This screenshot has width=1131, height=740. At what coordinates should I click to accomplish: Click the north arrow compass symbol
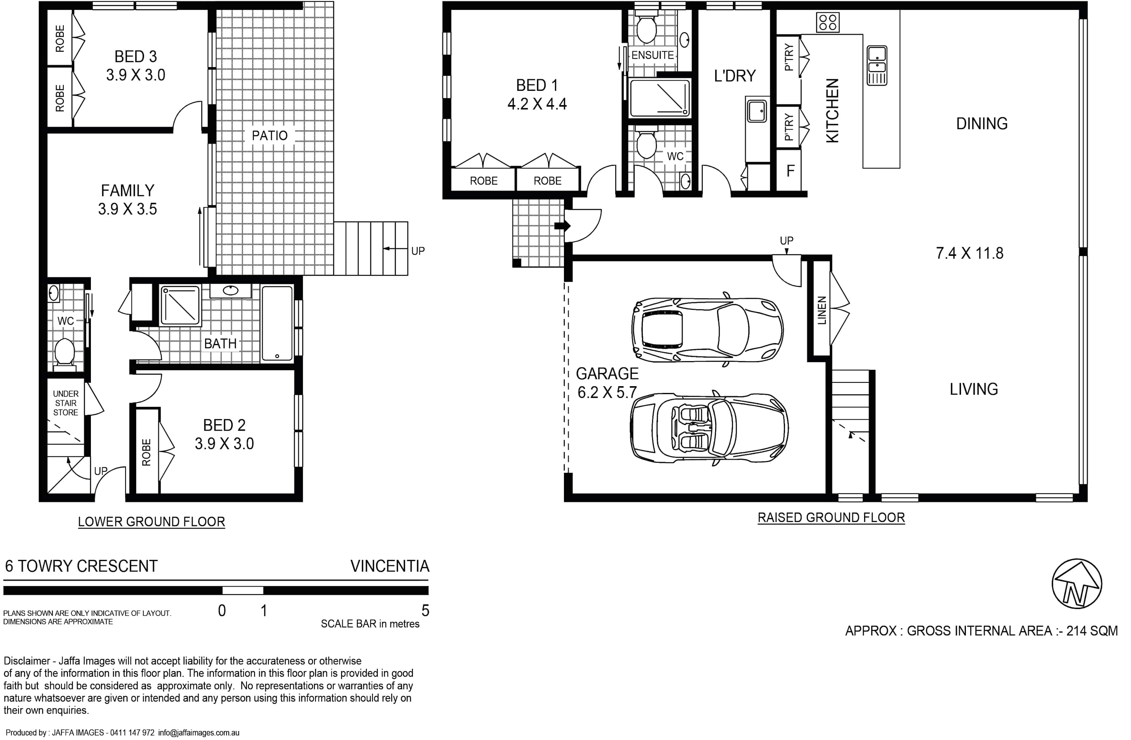tap(1076, 584)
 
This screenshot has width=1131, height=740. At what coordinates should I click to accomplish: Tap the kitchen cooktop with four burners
tap(828, 22)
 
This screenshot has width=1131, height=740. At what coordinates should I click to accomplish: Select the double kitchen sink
tap(877, 66)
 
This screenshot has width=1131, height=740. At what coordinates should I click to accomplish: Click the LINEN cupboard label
tap(821, 310)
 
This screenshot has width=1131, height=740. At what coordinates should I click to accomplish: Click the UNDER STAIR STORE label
tap(66, 403)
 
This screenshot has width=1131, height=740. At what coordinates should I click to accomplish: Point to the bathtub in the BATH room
tap(277, 323)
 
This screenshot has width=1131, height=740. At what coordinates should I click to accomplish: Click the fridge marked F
tap(790, 171)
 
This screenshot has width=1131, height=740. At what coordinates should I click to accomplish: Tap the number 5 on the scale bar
tap(425, 610)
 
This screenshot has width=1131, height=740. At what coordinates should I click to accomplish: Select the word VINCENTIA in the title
tap(390, 566)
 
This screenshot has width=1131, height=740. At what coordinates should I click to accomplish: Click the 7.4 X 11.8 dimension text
tap(969, 253)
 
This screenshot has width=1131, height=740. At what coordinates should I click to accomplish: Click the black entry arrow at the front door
tap(562, 226)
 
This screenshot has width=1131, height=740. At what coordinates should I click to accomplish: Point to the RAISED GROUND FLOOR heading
tap(831, 518)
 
